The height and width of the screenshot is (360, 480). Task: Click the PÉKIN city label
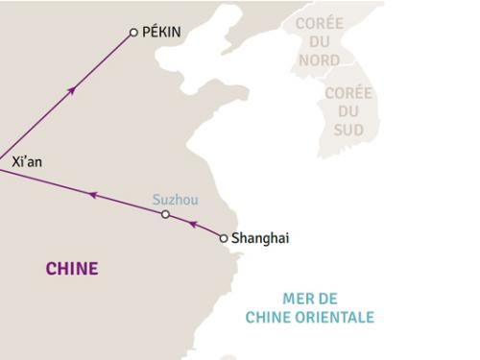[x=160, y=33]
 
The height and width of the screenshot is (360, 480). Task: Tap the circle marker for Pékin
[x=133, y=33]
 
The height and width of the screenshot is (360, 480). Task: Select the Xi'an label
[x=27, y=164]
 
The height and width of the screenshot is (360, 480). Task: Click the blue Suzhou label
[x=176, y=200]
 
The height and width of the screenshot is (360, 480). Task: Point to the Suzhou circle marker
[x=165, y=214]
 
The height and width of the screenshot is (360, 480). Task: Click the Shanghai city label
[x=260, y=238]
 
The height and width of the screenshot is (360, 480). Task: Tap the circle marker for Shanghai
[x=224, y=238]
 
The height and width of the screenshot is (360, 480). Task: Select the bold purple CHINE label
[x=72, y=269]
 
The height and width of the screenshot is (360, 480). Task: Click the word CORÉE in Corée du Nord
[x=319, y=23]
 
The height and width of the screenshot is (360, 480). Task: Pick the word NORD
[x=319, y=60]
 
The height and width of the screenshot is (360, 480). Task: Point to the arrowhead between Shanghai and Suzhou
[x=192, y=226]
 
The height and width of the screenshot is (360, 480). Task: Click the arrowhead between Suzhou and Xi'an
[x=92, y=194]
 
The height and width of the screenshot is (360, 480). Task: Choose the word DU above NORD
[x=319, y=41]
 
